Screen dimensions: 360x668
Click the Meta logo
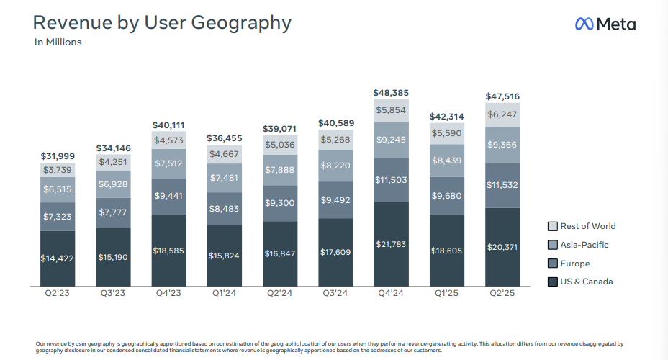[605, 24]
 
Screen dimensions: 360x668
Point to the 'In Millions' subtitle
[58, 42]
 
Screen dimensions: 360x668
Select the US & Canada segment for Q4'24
[391, 244]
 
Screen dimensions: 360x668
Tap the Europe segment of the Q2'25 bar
[502, 185]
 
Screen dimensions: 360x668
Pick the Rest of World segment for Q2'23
[58, 170]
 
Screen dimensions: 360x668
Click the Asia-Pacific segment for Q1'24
[225, 178]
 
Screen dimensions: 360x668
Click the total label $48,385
[391, 93]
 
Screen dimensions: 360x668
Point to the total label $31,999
[58, 156]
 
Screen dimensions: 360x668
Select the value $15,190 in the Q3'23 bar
[114, 256]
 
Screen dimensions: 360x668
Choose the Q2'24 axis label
[280, 293]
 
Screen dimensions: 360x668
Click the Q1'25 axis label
[447, 293]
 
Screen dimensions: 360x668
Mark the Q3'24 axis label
[335, 293]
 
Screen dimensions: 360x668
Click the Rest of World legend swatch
[553, 226]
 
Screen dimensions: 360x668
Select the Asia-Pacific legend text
[584, 245]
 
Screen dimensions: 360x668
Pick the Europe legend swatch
[553, 264]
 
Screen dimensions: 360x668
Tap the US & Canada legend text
[587, 282]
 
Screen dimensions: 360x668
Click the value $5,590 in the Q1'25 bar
[447, 133]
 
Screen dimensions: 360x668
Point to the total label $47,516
[502, 96]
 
